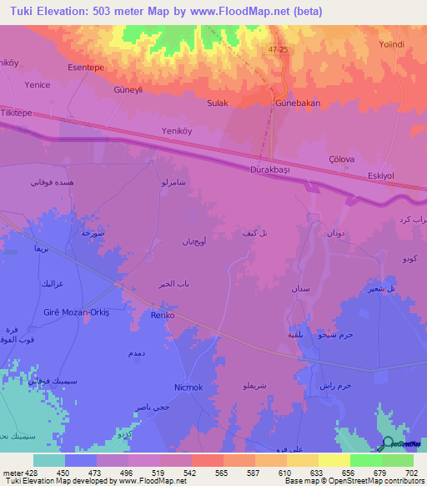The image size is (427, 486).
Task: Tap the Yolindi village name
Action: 391,44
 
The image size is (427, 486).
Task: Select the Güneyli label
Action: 129,89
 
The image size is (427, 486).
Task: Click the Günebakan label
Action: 298,104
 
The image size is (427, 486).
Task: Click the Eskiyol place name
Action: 384,175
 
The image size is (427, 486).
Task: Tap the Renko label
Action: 161,315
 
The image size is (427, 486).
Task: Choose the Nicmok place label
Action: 188,387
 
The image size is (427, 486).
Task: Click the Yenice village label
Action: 38,84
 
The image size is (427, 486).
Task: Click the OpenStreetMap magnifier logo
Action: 388,443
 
